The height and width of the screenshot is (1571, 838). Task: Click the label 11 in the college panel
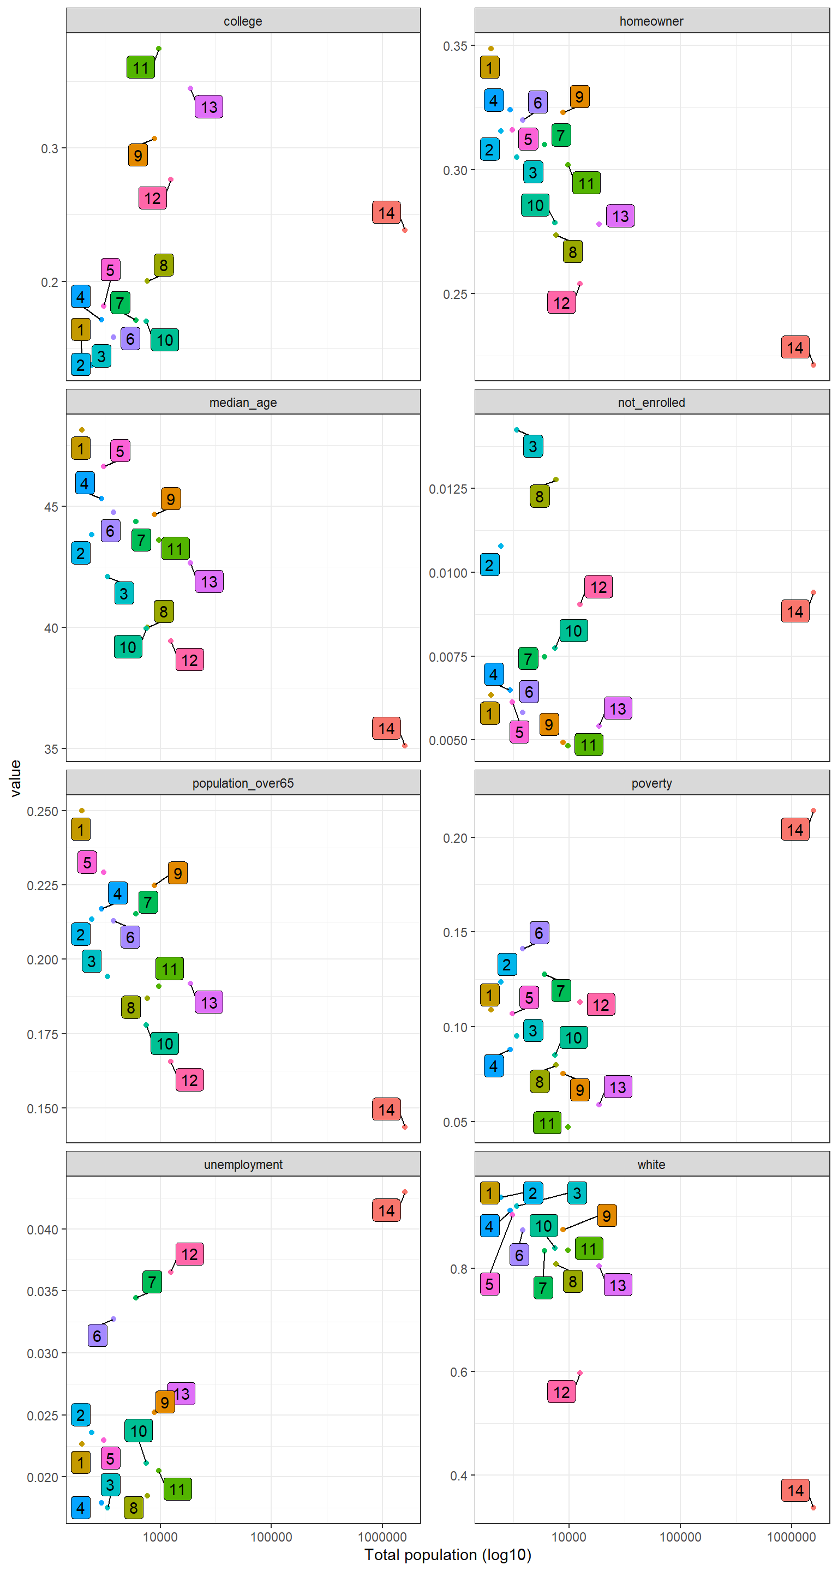pos(140,68)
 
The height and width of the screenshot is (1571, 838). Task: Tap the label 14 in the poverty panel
pos(795,829)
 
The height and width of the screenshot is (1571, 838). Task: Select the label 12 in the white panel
pos(561,1392)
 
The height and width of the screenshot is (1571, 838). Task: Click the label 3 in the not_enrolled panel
pos(532,446)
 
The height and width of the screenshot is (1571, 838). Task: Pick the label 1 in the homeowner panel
pos(489,68)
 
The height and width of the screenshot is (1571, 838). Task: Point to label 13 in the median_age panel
pos(208,582)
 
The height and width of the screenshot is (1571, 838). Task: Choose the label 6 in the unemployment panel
pos(97,1335)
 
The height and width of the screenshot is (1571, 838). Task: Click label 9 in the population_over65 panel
pos(177,873)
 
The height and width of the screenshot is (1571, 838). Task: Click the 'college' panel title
pos(243,21)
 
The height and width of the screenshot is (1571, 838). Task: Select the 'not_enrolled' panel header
pos(651,403)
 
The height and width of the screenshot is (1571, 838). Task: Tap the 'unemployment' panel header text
pos(243,1164)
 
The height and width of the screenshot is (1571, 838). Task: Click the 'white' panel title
pos(651,1164)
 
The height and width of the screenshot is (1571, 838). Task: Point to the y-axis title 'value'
pos(16,778)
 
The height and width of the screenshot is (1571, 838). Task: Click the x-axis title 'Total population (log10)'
pos(448,1555)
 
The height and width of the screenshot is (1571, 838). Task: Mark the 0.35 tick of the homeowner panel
pos(455,46)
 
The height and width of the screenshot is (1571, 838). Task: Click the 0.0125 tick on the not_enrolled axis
pos(448,489)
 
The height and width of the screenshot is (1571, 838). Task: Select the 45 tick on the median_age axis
pos(51,507)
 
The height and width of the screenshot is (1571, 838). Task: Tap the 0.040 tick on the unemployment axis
pos(43,1230)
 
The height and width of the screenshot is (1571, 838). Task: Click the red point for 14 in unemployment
pos(404,1192)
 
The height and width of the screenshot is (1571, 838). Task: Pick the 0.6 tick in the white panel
pos(459,1372)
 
